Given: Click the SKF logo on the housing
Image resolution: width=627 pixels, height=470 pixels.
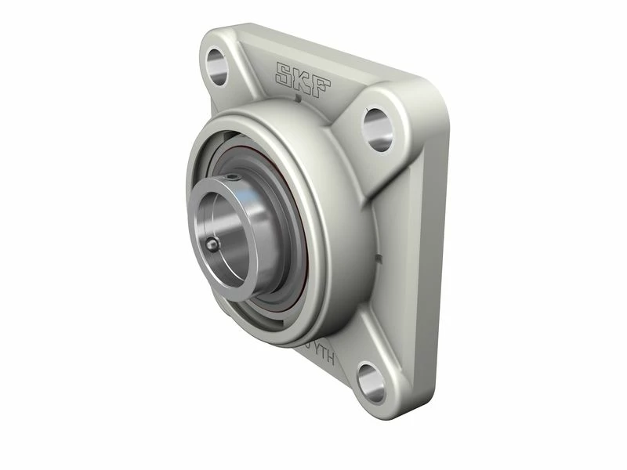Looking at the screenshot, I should pos(303,76).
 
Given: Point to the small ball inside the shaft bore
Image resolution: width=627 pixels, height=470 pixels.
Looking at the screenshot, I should pos(212,247).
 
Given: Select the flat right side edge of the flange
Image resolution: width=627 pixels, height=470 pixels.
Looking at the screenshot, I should pos(439,235).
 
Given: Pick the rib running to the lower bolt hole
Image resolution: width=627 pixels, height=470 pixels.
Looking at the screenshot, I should pos(345,345).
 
